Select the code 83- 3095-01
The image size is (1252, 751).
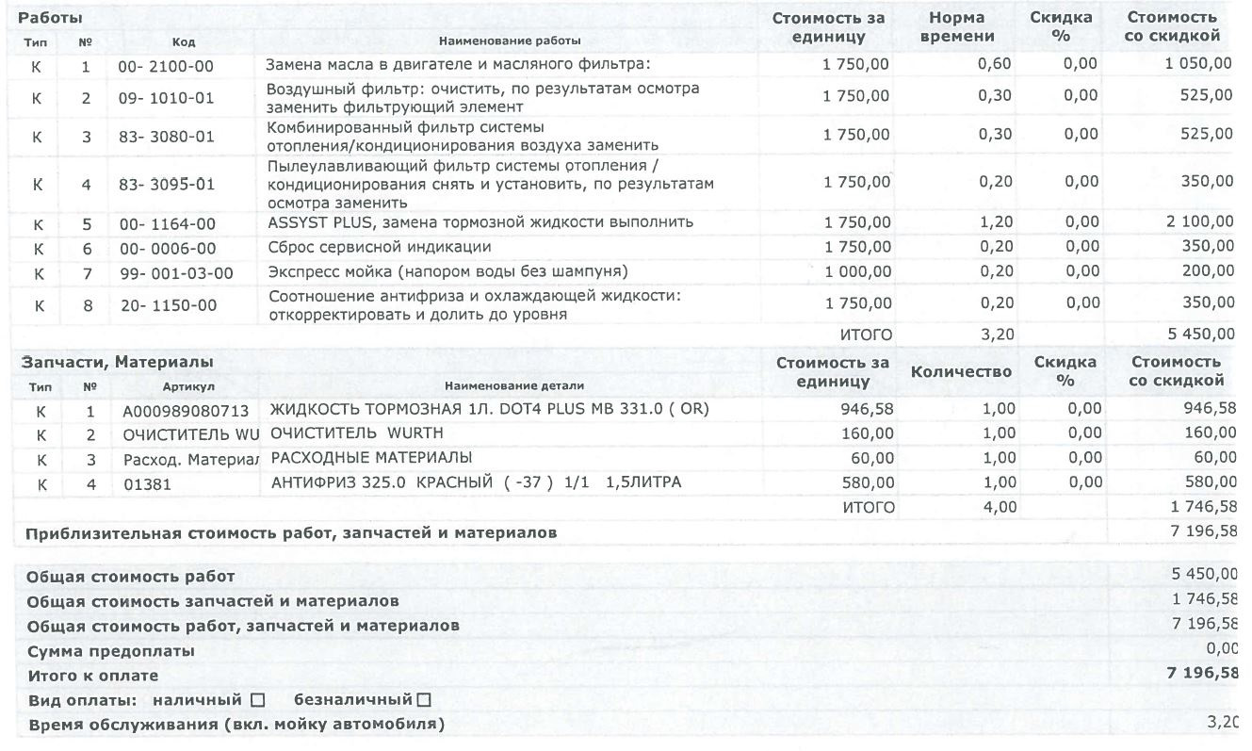tap(167, 185)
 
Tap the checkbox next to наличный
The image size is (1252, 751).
tap(257, 700)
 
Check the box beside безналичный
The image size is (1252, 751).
tap(423, 700)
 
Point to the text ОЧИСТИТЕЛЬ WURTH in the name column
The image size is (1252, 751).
tap(356, 433)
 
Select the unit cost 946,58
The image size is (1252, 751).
tap(867, 410)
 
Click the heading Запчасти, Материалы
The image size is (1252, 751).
tap(115, 362)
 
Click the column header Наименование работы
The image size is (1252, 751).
tap(510, 41)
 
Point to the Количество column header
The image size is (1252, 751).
tap(961, 372)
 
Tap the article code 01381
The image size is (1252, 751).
tap(142, 483)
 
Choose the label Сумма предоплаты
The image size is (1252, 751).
tap(110, 651)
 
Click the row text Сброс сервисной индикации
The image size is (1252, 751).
tap(379, 247)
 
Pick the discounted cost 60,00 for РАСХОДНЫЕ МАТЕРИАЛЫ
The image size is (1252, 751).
tap(1210, 458)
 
